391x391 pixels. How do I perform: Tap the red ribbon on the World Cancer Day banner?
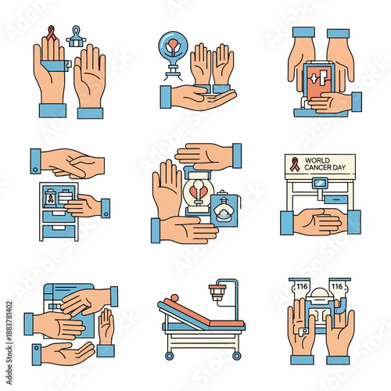(293, 165)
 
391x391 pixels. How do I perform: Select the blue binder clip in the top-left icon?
(77, 36)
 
